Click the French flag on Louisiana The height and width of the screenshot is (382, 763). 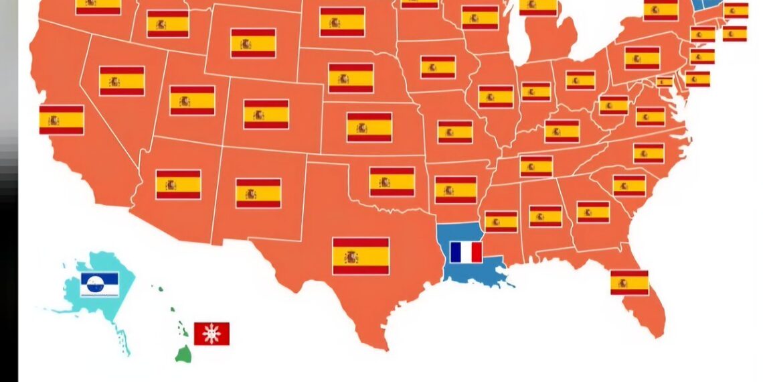(x=466, y=252)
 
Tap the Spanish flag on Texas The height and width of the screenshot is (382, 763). (x=361, y=256)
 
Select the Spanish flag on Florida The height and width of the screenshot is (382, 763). (x=629, y=282)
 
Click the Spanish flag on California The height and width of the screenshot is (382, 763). (x=62, y=120)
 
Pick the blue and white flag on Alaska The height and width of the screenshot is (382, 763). (x=100, y=284)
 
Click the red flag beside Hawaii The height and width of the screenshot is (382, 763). (x=211, y=333)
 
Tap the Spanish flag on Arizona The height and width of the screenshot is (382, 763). (x=178, y=184)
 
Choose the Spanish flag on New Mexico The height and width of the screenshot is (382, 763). (x=258, y=193)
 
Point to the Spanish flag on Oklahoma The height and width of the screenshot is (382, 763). (x=392, y=182)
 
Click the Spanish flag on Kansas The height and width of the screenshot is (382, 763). (x=369, y=127)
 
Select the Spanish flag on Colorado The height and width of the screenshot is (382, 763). (x=266, y=115)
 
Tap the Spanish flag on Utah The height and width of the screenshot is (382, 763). (x=192, y=101)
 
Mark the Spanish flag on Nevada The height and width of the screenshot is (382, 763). (x=122, y=81)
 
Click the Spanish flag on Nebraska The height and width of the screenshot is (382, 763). (x=351, y=78)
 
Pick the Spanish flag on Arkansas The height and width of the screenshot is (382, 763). (x=456, y=190)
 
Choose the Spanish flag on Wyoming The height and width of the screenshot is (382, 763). (x=253, y=43)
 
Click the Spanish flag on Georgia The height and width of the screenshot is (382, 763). (x=593, y=212)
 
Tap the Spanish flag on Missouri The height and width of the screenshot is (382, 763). (x=455, y=131)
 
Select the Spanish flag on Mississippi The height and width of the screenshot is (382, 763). (x=501, y=222)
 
